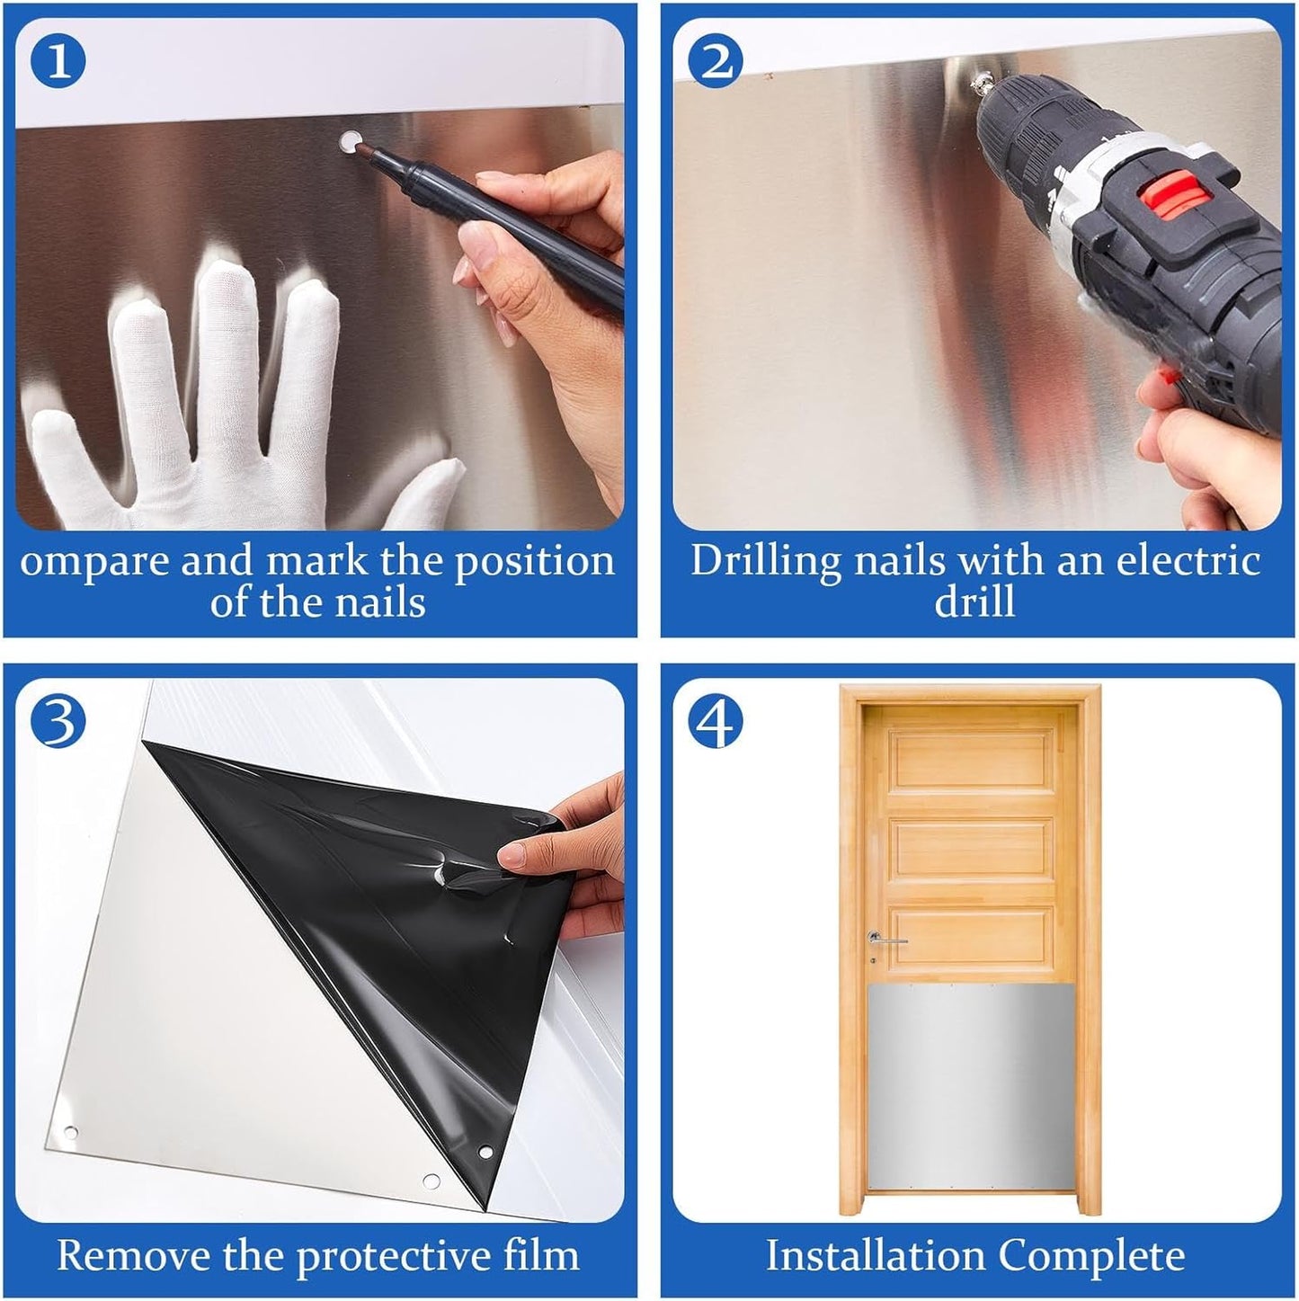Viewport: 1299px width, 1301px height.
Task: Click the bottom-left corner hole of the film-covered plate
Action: pyautogui.click(x=72, y=1131)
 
